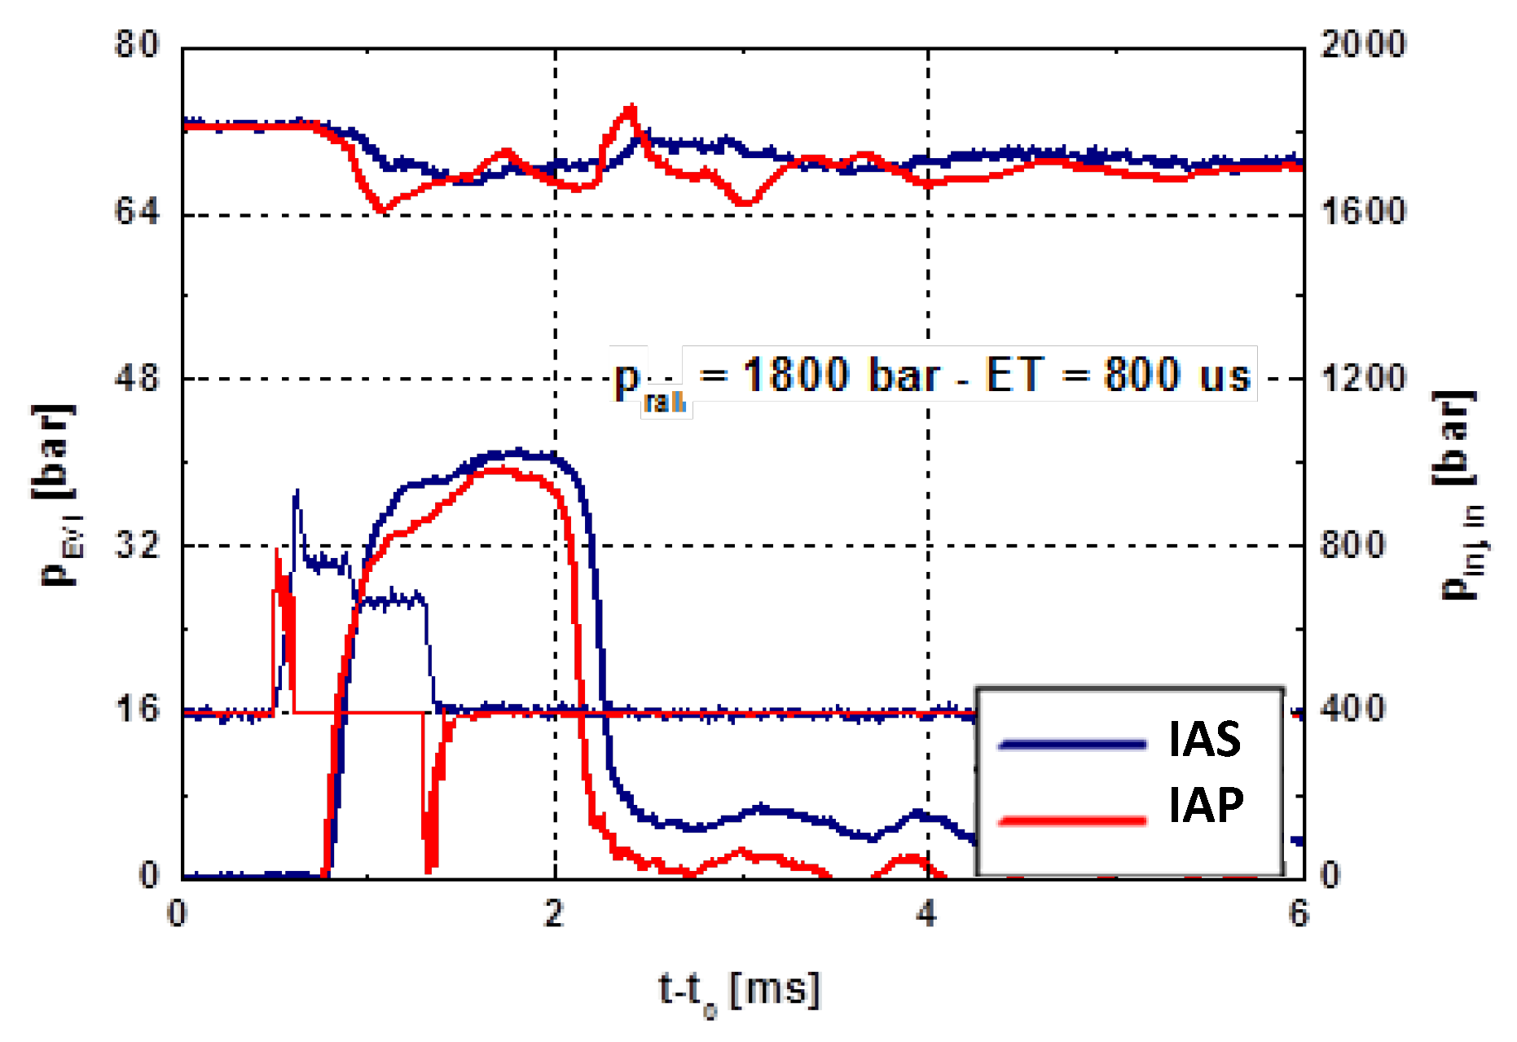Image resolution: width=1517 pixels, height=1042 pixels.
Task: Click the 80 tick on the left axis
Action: [137, 44]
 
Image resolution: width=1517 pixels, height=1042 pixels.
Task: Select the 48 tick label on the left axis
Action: [137, 379]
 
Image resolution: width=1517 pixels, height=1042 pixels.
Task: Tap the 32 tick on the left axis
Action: [137, 545]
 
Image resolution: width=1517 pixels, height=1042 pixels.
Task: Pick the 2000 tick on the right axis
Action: [1363, 44]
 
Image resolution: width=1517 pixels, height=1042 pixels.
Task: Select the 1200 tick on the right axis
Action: [1363, 379]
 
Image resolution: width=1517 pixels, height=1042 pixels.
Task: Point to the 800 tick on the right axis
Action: [1352, 545]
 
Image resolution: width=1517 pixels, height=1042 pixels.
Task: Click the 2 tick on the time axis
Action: [555, 914]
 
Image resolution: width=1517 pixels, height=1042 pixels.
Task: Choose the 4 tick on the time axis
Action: [927, 914]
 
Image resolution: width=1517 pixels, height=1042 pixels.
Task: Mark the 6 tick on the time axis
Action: [1299, 914]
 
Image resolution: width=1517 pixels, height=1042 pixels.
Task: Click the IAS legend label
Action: [1204, 739]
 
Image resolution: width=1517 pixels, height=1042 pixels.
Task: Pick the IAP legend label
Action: [1206, 805]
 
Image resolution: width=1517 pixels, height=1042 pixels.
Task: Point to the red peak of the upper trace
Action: [630, 107]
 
